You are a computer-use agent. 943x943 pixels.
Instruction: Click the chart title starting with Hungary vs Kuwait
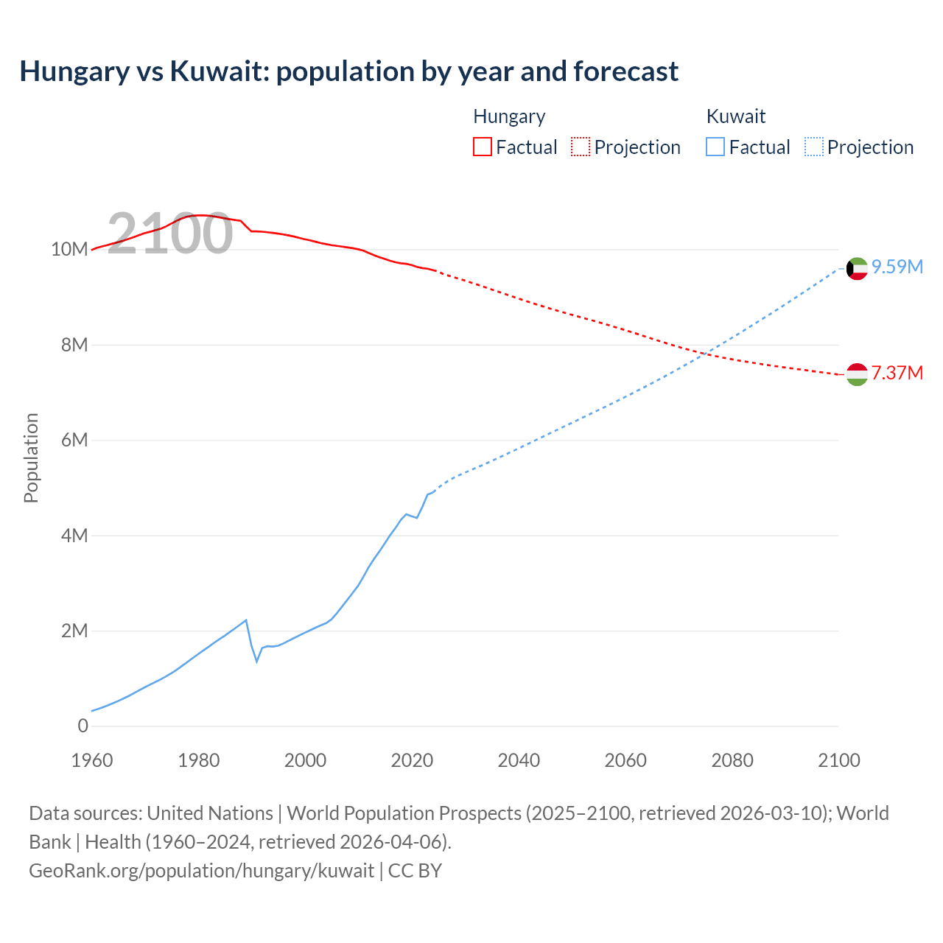tap(348, 71)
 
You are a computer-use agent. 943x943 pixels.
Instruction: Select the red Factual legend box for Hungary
tap(482, 147)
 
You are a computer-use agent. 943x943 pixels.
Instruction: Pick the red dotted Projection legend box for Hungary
tap(581, 147)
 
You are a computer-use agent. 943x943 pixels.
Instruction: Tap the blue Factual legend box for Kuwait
tap(715, 147)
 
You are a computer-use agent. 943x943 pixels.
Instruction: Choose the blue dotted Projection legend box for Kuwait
tap(814, 147)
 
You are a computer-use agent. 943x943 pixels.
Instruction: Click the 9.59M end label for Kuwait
tap(897, 267)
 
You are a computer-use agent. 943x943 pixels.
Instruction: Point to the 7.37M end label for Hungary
tap(897, 373)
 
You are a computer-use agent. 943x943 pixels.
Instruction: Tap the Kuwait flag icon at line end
tap(857, 269)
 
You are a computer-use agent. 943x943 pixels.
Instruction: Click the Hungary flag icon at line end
tap(857, 374)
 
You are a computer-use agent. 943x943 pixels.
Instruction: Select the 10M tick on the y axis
tap(69, 250)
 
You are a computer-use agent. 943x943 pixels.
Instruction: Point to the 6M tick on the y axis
tap(74, 441)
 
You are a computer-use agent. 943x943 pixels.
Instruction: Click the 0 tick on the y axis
tap(83, 726)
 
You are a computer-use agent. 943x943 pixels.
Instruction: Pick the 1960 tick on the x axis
tap(92, 760)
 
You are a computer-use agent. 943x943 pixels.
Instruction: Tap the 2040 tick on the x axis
tap(519, 760)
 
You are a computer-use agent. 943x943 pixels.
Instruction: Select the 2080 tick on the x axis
tap(732, 760)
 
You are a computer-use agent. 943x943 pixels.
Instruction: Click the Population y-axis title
tap(31, 458)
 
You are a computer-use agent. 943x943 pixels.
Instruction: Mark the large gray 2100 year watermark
tap(170, 234)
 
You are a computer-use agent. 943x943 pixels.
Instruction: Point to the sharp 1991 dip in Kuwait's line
tap(257, 661)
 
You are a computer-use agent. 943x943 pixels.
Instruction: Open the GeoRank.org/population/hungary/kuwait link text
tap(201, 871)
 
